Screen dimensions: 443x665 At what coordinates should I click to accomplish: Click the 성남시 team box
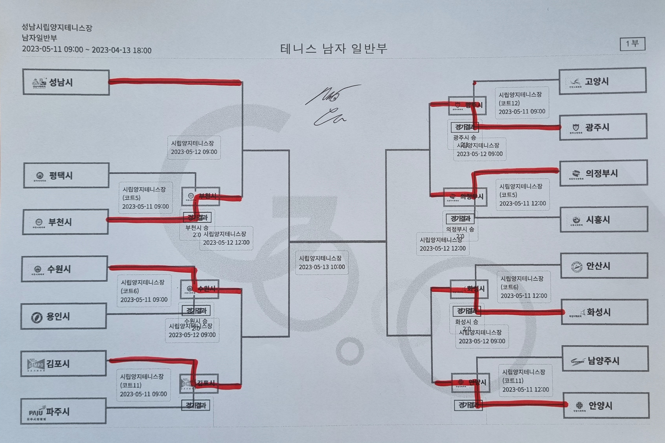[66, 82]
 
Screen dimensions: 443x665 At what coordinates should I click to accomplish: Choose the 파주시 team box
[63, 411]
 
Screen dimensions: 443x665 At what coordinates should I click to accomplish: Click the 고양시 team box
[602, 81]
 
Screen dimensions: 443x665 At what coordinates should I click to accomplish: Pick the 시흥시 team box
[604, 220]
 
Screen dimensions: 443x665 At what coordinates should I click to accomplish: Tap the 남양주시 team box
[605, 360]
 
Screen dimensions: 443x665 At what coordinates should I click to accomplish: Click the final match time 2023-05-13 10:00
[322, 267]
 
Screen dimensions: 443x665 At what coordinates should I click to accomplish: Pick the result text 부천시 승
[197, 227]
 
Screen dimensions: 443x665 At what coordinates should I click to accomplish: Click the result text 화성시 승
[467, 321]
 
